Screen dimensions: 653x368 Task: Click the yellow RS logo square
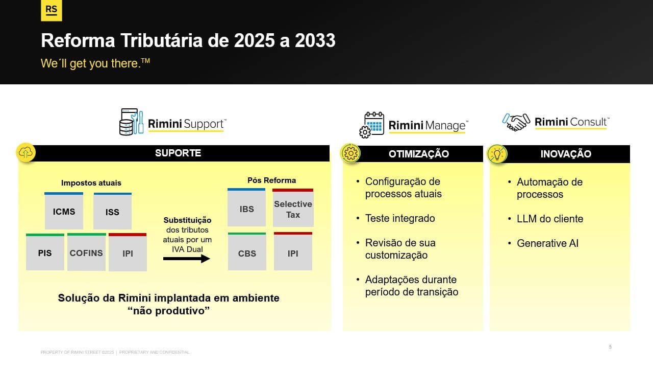click(52, 10)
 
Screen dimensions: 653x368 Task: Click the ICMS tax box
click(64, 211)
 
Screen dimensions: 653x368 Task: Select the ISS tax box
click(113, 211)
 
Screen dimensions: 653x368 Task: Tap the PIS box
click(45, 252)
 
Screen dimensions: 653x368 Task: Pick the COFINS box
click(86, 252)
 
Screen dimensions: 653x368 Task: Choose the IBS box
click(246, 208)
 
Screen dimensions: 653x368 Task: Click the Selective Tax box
click(293, 208)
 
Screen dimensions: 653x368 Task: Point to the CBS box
click(247, 251)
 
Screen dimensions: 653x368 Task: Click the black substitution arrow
click(187, 259)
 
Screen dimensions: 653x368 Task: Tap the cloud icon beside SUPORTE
click(26, 152)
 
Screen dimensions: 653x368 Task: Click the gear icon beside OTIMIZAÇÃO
click(350, 153)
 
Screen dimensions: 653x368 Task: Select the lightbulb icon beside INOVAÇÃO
click(497, 154)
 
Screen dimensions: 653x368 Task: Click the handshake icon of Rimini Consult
click(516, 122)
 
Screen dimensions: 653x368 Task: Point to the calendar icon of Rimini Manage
click(372, 125)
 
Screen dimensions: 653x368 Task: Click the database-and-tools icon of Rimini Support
click(131, 122)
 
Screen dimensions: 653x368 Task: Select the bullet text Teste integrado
click(400, 218)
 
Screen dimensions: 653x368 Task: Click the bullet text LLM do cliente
click(550, 219)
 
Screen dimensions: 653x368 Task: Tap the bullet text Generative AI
click(547, 243)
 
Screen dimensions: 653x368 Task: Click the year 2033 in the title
click(315, 40)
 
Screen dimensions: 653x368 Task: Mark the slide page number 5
click(610, 347)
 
